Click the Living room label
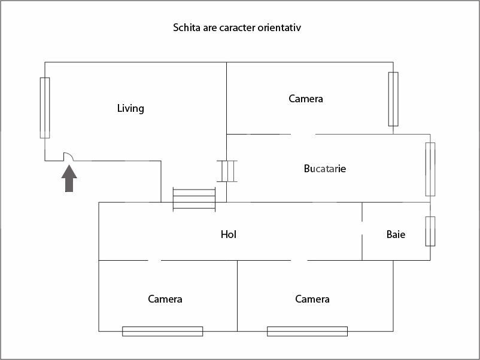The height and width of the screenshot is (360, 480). click(130, 108)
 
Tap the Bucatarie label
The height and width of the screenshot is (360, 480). click(324, 169)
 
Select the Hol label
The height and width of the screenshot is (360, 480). click(229, 234)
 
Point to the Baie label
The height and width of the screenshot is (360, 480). click(396, 234)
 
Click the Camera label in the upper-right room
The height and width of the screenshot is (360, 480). click(305, 99)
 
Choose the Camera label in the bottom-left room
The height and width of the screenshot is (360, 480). click(165, 299)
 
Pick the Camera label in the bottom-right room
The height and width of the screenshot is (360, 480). click(312, 299)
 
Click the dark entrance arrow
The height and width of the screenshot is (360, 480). click(69, 179)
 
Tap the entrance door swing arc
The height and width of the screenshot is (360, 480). click(69, 156)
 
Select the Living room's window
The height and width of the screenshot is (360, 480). click(45, 108)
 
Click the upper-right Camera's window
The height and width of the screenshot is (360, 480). click(393, 99)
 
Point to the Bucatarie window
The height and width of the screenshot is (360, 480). click(430, 169)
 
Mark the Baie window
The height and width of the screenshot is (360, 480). click(430, 231)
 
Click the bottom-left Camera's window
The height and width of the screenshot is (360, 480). click(162, 331)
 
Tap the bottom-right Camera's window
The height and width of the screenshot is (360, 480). click(307, 331)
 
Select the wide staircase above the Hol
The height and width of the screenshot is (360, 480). click(194, 199)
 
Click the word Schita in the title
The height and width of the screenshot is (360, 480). click(186, 28)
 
